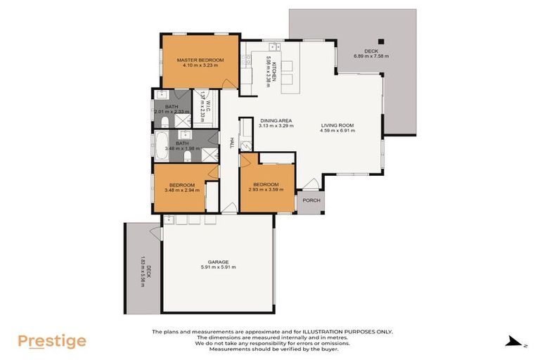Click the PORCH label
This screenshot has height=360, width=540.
[x=311, y=200]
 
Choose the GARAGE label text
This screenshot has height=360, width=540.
[x=218, y=262]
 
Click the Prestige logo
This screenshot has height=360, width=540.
[x=52, y=342]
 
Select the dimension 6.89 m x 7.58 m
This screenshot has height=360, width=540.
[x=371, y=56]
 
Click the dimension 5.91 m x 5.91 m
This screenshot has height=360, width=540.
[x=218, y=268]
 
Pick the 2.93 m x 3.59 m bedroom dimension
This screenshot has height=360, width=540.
[x=266, y=190]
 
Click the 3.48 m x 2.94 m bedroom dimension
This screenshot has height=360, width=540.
[x=181, y=190]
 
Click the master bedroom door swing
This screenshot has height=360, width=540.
[x=228, y=82]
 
